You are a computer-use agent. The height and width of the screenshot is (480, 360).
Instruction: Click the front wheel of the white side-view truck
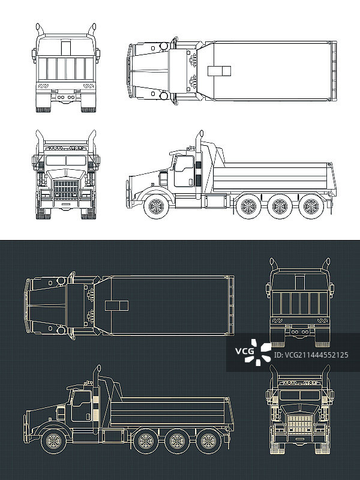point(156,206)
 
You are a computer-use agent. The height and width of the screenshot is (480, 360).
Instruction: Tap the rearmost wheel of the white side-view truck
point(311,206)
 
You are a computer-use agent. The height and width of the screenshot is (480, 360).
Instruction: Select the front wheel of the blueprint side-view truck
point(53,441)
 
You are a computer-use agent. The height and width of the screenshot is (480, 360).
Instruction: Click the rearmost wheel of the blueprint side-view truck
point(208,441)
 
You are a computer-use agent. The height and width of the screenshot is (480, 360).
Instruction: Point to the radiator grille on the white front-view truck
point(66,190)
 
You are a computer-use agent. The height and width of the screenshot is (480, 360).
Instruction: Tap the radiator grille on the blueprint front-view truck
point(299,424)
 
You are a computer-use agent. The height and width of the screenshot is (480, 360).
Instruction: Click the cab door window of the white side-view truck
point(184,164)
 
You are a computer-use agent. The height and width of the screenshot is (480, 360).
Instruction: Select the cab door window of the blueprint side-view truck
point(81,398)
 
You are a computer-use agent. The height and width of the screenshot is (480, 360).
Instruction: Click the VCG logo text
point(245,351)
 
